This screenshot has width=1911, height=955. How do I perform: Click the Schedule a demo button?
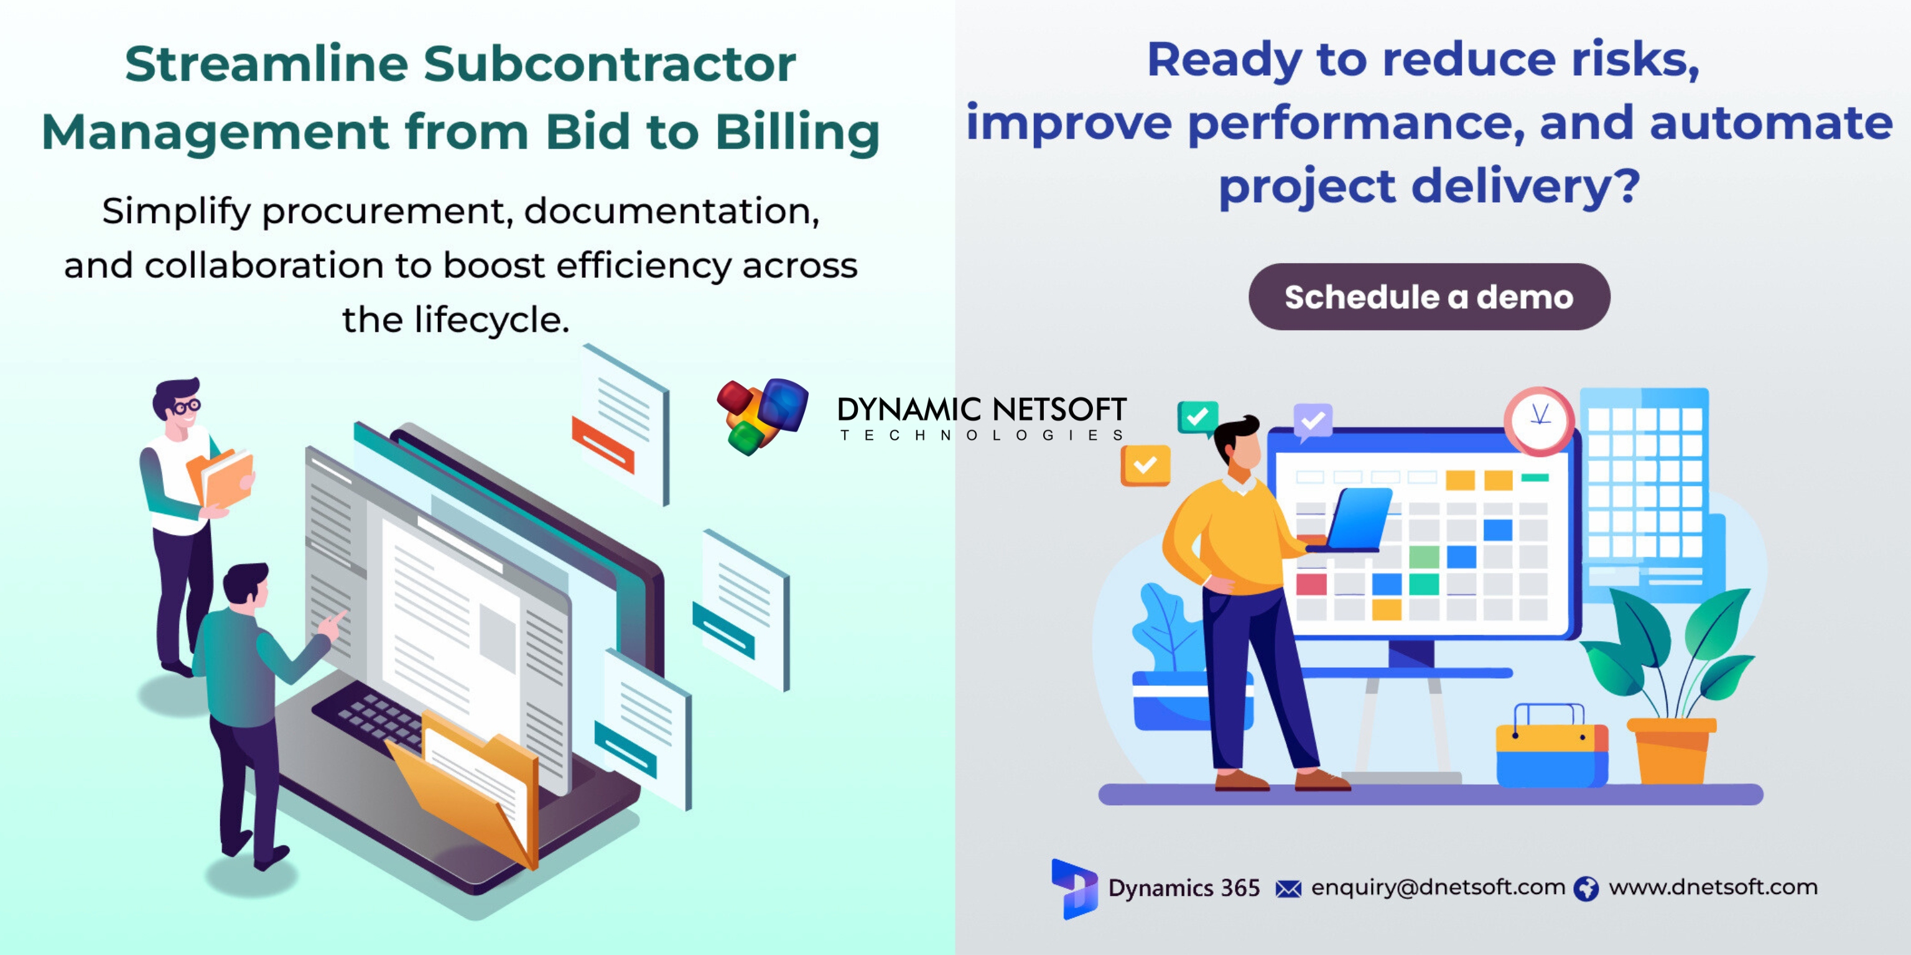[x=1429, y=297]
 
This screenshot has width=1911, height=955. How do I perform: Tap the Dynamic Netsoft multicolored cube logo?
[x=763, y=415]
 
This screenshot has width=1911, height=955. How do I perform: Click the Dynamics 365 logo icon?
[x=1074, y=889]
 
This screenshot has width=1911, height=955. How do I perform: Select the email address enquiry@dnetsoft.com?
[x=1438, y=887]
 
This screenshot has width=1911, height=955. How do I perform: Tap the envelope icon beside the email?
[x=1288, y=889]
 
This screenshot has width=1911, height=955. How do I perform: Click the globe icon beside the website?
[x=1586, y=888]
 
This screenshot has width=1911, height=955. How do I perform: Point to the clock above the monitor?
[x=1540, y=420]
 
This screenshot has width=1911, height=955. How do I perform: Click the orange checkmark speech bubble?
[x=1145, y=466]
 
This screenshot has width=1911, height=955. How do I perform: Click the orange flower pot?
[x=1672, y=750]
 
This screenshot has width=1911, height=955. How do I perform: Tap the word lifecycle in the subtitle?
[x=491, y=321]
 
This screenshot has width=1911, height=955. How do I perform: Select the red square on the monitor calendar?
[x=1311, y=584]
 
